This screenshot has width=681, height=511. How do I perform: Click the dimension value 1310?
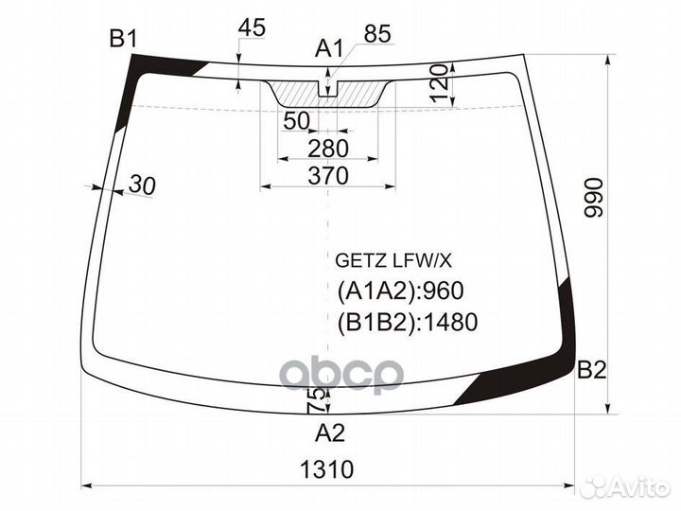[x=329, y=468]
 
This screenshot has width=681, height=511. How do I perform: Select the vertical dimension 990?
[x=593, y=197]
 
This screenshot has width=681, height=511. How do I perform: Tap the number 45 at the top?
[x=252, y=28]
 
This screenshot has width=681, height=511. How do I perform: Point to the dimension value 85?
[x=376, y=34]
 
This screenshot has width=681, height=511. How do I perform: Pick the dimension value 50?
[x=296, y=120]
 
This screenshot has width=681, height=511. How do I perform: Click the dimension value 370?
[x=328, y=175]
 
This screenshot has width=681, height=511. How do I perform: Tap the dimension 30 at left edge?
[x=141, y=185]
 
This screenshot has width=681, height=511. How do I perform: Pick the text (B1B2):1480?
[x=407, y=323]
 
